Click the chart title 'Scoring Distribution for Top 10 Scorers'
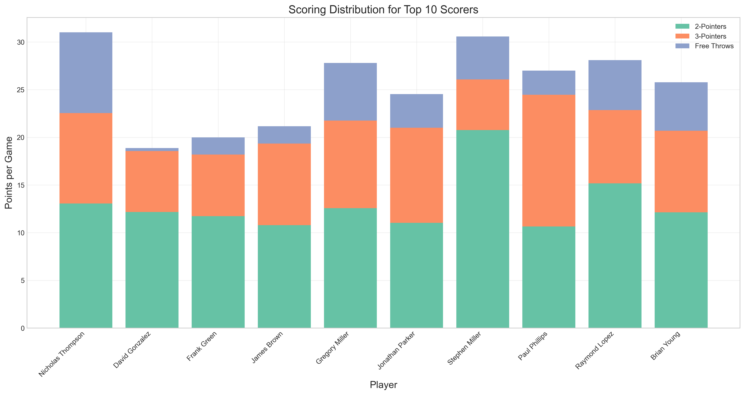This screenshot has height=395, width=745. click(383, 10)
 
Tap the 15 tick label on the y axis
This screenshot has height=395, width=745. click(21, 185)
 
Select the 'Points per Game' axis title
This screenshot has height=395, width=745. click(9, 173)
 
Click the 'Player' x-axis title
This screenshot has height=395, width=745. click(383, 385)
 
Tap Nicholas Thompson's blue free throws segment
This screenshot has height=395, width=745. click(86, 73)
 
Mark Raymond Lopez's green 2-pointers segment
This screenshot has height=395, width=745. click(615, 256)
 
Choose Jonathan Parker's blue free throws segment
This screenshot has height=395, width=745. click(416, 111)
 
